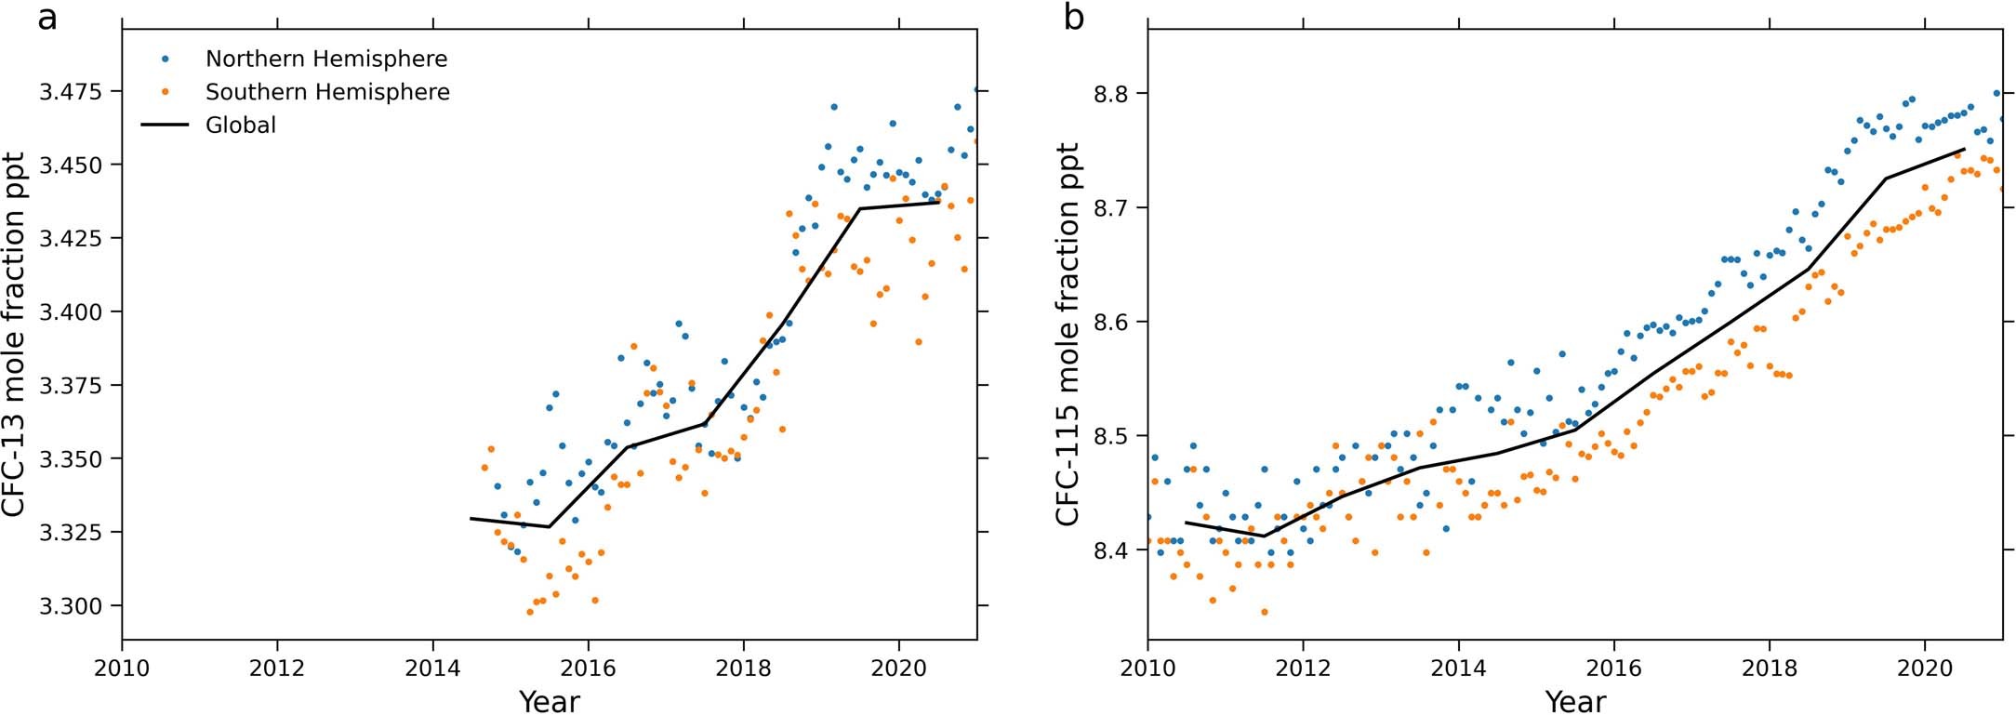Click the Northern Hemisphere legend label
click(326, 59)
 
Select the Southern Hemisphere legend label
click(327, 91)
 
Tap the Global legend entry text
click(241, 125)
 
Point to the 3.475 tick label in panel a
click(71, 91)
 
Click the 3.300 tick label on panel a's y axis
click(71, 606)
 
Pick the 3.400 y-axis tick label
click(71, 311)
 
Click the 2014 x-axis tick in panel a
click(432, 668)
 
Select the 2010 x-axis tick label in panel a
click(122, 668)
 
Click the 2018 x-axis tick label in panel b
click(1769, 668)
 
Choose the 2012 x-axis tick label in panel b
click(1303, 668)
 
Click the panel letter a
click(46, 18)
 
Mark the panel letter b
click(1073, 18)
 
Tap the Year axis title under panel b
click(1575, 700)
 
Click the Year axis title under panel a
click(549, 700)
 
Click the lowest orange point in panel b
click(1264, 612)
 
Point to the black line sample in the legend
click(165, 125)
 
